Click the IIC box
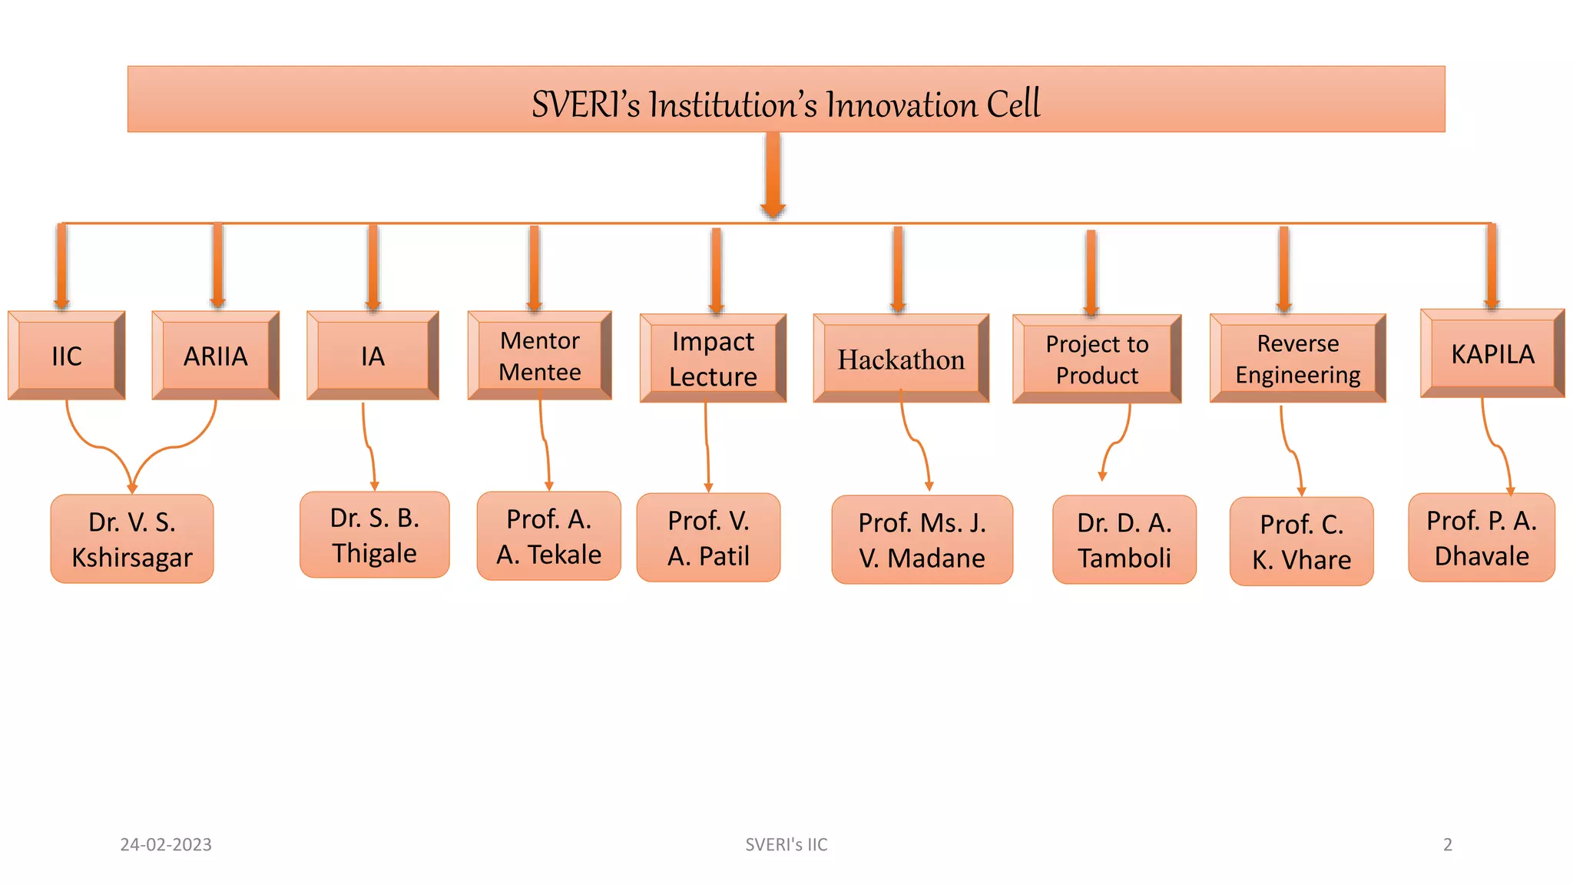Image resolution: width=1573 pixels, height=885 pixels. [x=67, y=356]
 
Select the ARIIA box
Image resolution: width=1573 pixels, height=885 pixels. [x=216, y=356]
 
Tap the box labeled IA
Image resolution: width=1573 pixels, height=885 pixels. [x=373, y=356]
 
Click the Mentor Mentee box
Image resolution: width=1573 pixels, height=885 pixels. [x=540, y=356]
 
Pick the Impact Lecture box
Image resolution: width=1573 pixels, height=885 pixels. [x=713, y=359]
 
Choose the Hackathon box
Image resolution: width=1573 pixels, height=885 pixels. [x=901, y=359]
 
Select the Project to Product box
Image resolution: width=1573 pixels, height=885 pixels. [x=1097, y=360]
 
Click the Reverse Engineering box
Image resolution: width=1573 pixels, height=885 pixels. [x=1297, y=359]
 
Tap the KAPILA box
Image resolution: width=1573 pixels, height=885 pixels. [x=1492, y=353]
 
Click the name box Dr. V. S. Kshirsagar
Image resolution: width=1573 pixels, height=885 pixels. [x=132, y=539]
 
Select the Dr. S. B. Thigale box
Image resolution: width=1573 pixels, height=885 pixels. [x=375, y=535]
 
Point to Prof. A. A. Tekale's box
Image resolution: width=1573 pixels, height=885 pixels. [x=548, y=536]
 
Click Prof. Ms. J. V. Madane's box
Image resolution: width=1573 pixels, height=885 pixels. [x=922, y=540]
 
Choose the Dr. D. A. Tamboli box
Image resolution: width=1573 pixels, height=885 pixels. [x=1124, y=540]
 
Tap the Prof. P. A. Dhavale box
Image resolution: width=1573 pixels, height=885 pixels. [x=1482, y=538]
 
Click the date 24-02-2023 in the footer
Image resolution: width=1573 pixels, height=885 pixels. [x=166, y=844]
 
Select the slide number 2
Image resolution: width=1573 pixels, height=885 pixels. [x=1447, y=844]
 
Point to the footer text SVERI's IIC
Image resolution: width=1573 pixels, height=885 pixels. [x=786, y=844]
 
